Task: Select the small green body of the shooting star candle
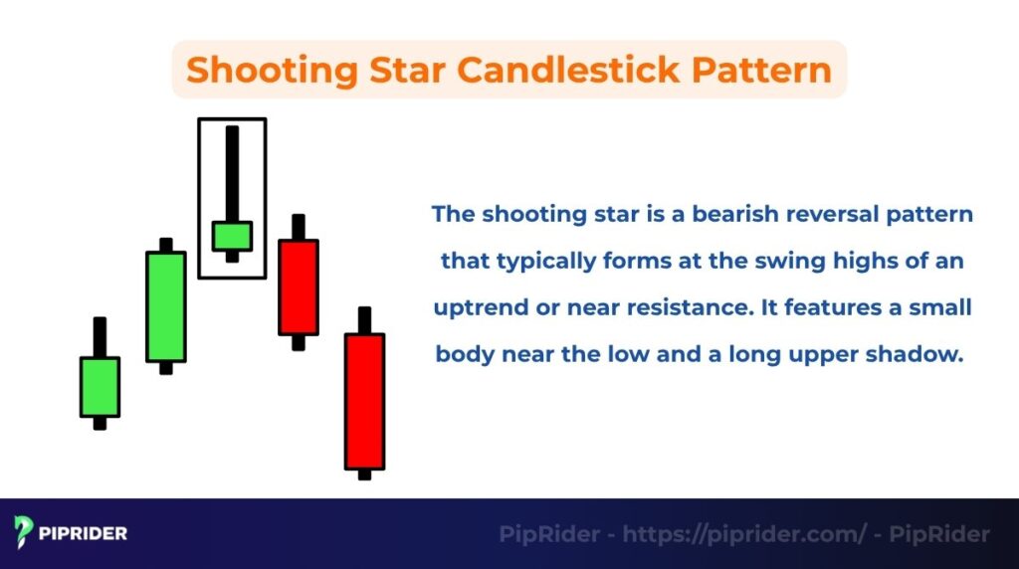232,236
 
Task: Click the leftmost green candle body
100,386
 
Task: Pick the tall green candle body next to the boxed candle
166,306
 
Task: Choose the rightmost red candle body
364,400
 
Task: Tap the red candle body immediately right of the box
299,286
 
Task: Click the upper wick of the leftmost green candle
100,336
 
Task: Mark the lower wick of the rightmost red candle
364,474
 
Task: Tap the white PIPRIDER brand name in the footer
84,533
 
